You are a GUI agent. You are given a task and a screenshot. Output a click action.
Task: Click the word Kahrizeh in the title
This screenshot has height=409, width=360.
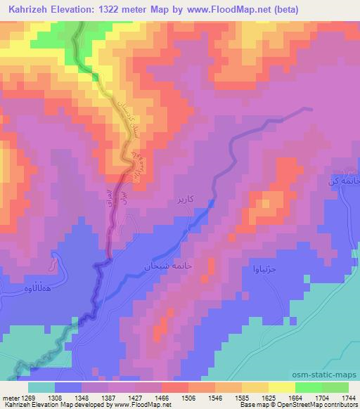(x=32, y=10)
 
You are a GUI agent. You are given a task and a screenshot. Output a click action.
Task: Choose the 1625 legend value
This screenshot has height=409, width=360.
(x=269, y=397)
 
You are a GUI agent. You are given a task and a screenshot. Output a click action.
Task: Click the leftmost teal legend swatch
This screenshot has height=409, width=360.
(x=41, y=387)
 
